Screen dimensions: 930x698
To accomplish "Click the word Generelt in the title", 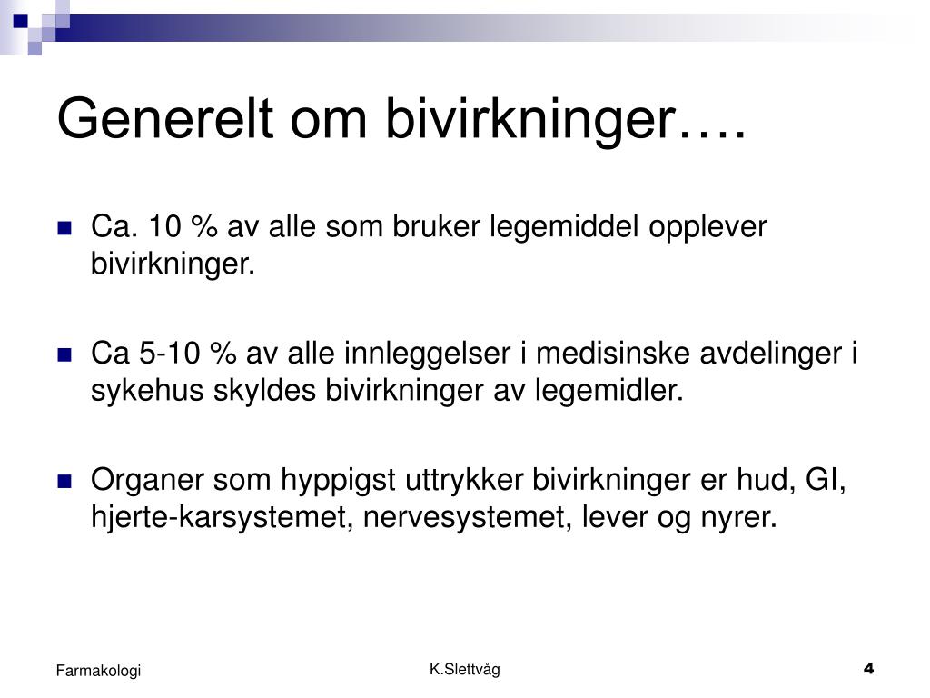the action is (x=165, y=118).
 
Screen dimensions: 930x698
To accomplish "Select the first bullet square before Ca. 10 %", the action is (x=64, y=228).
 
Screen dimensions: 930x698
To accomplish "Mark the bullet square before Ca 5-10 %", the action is (x=64, y=355).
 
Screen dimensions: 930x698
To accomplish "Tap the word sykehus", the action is (x=147, y=392).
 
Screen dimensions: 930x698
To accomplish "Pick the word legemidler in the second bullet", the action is (x=609, y=391).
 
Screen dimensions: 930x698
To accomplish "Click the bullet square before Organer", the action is (x=64, y=482).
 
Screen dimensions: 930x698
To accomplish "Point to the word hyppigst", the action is (x=338, y=481).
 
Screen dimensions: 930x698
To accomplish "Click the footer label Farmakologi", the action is (x=98, y=671).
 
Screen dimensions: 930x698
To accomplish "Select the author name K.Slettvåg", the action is (x=465, y=670).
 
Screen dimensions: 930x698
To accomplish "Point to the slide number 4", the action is (x=869, y=668).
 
